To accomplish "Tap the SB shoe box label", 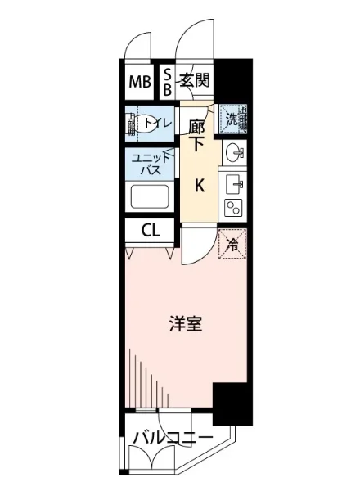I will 167,81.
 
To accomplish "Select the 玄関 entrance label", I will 195,80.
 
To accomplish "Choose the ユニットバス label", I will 149,165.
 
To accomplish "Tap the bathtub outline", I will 148,197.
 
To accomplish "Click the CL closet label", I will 150,230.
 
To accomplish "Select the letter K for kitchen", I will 198,185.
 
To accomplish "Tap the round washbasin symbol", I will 233,151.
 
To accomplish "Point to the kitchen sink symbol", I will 233,181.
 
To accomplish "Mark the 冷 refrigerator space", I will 233,243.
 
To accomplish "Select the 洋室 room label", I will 186,324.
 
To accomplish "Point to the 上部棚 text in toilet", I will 130,124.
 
